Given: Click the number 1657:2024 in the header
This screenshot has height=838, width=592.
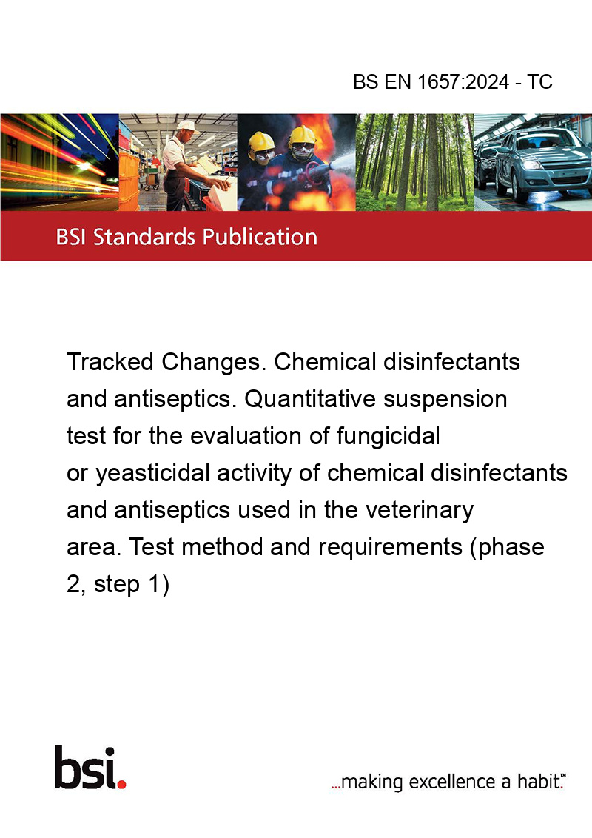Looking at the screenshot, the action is pos(463,81).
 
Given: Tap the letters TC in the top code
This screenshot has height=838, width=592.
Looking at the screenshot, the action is pos(539,81).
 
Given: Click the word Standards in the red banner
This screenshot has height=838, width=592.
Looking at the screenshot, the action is pos(144,237).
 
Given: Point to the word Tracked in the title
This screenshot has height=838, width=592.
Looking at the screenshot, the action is pos(110,362).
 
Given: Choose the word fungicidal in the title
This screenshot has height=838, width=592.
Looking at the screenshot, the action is pos(388,436).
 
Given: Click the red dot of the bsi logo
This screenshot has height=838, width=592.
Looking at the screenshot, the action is pos(122,784).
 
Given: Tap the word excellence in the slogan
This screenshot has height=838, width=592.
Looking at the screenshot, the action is pos(453,782).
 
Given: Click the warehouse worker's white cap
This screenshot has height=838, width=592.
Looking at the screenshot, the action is pos(187,126).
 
